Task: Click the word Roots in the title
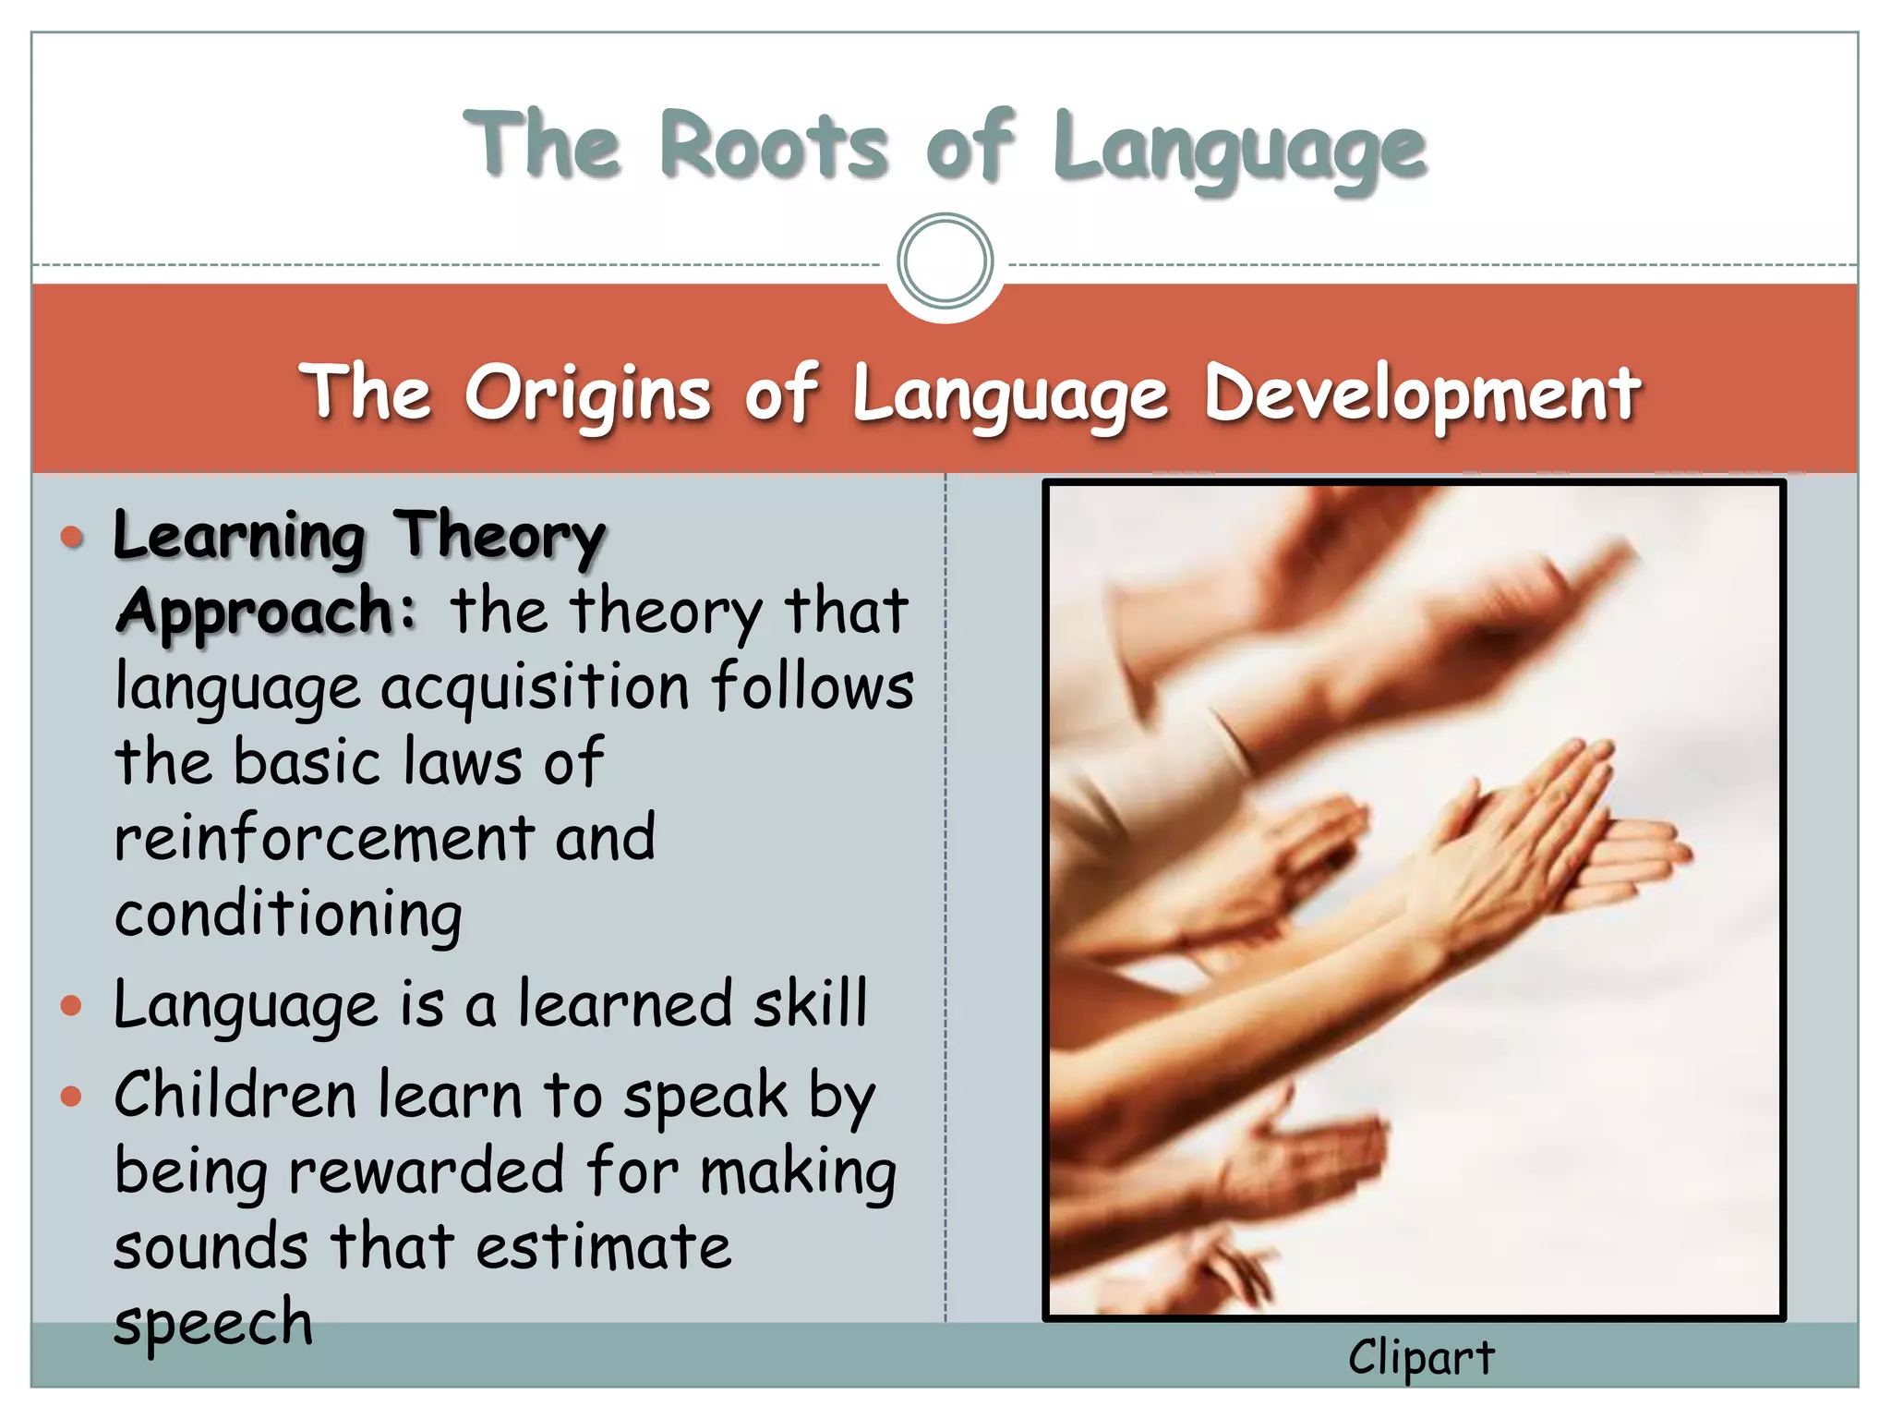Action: [x=774, y=146]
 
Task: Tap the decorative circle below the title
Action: [x=945, y=261]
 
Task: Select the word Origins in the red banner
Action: [x=587, y=394]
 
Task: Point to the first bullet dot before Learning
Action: [x=72, y=537]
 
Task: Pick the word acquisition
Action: [x=536, y=689]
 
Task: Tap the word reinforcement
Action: [x=323, y=838]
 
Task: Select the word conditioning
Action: [x=288, y=916]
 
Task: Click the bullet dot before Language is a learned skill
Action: [x=72, y=1005]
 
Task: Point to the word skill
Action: [x=810, y=1003]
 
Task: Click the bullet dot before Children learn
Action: [x=72, y=1097]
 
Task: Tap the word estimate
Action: [x=604, y=1247]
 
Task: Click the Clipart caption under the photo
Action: [x=1420, y=1358]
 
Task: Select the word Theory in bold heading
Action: [x=499, y=537]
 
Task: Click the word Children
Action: [x=235, y=1096]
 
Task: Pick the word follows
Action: [x=813, y=687]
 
